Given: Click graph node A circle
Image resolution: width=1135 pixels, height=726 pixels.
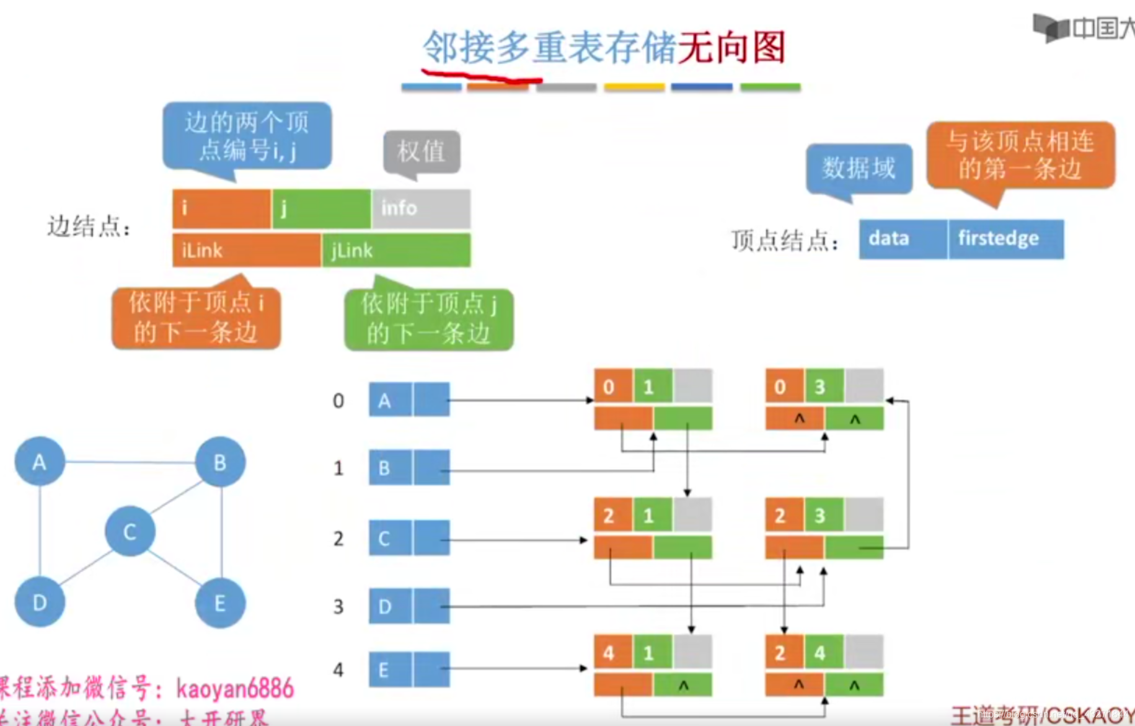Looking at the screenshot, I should (x=40, y=462).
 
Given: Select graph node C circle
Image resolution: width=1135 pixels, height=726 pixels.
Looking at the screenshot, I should (x=130, y=531).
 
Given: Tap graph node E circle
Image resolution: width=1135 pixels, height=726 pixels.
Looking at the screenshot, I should (x=220, y=603).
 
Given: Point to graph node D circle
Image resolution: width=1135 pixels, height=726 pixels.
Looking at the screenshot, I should (x=40, y=602).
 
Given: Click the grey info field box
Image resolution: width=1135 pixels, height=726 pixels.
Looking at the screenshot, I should (x=421, y=208).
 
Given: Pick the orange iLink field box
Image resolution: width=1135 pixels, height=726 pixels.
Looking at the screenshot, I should (x=246, y=250).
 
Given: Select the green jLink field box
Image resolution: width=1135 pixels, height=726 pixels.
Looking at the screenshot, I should (x=396, y=250).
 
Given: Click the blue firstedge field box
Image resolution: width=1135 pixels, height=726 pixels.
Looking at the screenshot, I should (x=1005, y=239).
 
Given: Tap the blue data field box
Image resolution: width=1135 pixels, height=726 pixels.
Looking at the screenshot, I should (x=903, y=239).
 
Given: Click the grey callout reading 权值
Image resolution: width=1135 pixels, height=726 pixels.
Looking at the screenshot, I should (x=422, y=151).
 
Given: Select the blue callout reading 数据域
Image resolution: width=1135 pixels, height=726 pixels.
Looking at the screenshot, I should (x=859, y=168).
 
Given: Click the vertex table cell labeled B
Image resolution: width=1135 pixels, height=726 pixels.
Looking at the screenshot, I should (x=390, y=468).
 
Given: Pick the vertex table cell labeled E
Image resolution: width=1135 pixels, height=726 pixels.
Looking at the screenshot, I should (x=390, y=670).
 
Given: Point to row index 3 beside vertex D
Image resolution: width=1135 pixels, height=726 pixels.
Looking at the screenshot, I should (x=338, y=606).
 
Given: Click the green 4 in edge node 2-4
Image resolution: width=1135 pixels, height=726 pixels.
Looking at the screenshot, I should (x=824, y=652).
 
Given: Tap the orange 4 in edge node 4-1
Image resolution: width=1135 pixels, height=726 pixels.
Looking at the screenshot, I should (x=613, y=652).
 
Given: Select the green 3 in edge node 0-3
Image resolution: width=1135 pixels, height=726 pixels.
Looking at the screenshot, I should (x=824, y=387).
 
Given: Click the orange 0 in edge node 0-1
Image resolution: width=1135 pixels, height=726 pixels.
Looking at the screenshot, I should (x=613, y=387).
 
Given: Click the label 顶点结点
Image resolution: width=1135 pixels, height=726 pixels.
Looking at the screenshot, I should (x=785, y=241).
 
